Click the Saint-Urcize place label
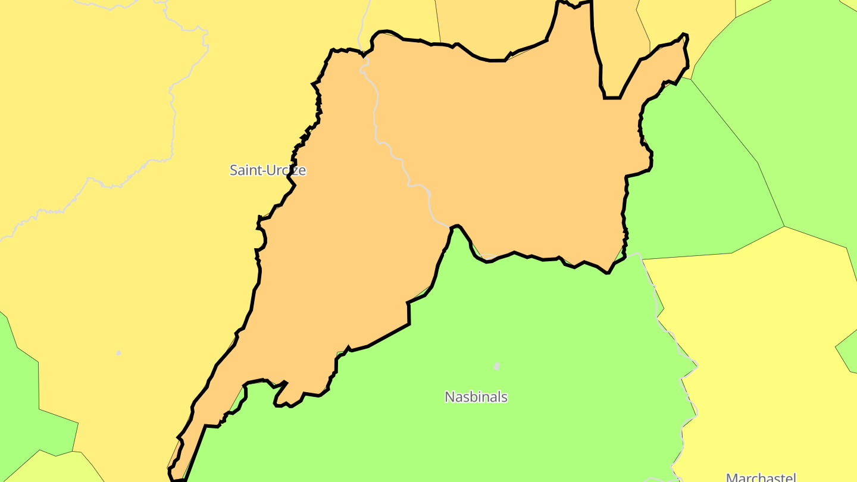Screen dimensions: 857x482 pos(268,170)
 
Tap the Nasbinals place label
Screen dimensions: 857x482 pos(476,397)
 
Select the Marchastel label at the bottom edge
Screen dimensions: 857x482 pos(761,477)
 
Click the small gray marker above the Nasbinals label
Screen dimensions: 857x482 pos(496,366)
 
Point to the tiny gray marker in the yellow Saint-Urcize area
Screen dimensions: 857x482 pos(118,353)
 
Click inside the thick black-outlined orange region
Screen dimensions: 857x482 pos(506,149)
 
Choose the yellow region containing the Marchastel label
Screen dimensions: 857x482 pos(762,357)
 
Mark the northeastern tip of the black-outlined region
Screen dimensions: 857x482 pos(685,36)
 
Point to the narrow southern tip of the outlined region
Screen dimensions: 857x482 pos(176,476)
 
